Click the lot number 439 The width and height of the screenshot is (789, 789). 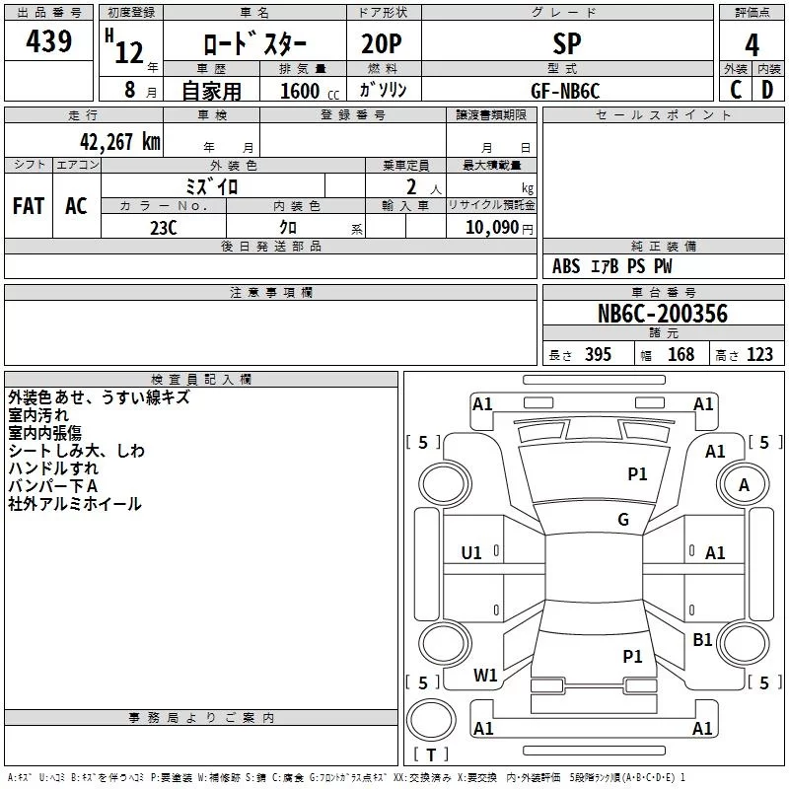[48, 40]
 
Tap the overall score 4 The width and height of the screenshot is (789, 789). [752, 44]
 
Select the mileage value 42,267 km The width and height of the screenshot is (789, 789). [119, 142]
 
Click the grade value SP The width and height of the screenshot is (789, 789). [567, 43]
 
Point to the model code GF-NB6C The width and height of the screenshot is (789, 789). [565, 91]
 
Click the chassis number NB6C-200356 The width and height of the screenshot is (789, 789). [662, 314]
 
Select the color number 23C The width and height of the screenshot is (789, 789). [164, 228]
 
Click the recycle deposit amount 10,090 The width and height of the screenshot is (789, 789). [492, 228]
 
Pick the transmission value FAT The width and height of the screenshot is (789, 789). [29, 206]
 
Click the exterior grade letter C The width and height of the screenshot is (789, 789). [736, 90]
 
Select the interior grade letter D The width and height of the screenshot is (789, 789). [767, 90]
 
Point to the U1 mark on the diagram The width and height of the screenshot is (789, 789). [471, 553]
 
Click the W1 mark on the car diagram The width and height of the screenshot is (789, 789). [485, 676]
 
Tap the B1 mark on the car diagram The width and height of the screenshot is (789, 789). [702, 640]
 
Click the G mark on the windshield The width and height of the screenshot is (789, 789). [623, 520]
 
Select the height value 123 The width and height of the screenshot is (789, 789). [759, 355]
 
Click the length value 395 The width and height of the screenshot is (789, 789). [598, 355]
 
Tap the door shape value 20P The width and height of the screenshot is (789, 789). [382, 43]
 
